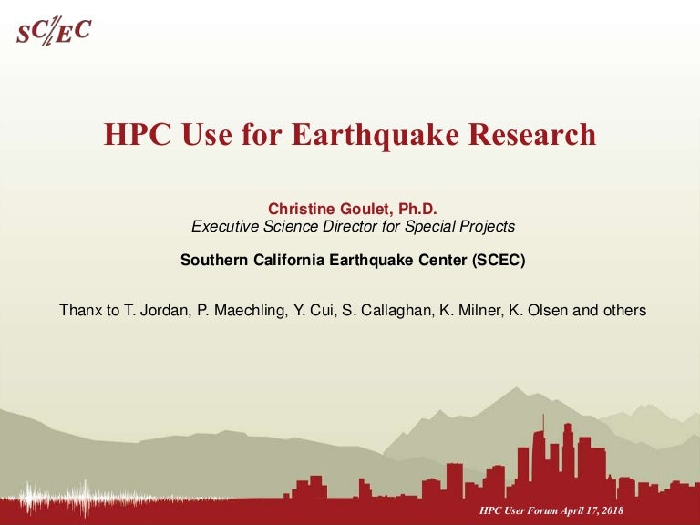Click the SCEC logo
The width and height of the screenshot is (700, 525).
pyautogui.click(x=54, y=31)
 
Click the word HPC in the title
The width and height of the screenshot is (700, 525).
pyautogui.click(x=137, y=134)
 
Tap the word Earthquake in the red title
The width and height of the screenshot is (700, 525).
pyautogui.click(x=376, y=135)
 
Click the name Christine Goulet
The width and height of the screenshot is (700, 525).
pyautogui.click(x=329, y=209)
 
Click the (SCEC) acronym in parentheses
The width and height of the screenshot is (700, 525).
pyautogui.click(x=499, y=260)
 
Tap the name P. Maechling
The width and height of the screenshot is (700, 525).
pyautogui.click(x=241, y=310)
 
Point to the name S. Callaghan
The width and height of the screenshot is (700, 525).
pyautogui.click(x=388, y=310)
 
